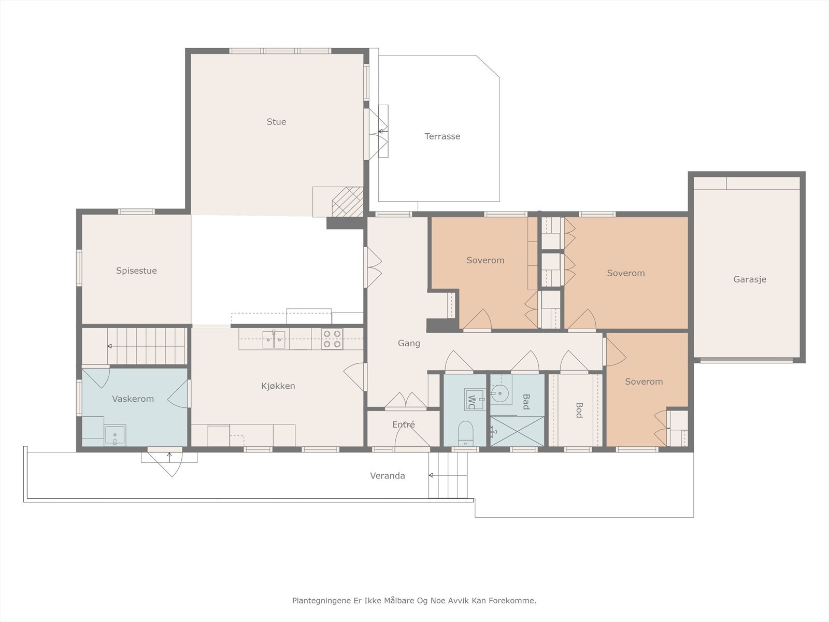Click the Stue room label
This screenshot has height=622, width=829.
(276, 122)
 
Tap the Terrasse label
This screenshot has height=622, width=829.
(442, 136)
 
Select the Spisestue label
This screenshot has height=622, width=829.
(136, 271)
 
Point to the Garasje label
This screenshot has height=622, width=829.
(750, 279)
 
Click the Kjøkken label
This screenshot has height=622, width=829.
(278, 386)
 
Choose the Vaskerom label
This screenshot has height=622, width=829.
(133, 399)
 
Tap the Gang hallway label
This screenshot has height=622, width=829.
(409, 343)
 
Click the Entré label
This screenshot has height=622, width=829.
(403, 425)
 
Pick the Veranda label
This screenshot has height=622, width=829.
(388, 476)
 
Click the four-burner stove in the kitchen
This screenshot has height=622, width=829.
(332, 339)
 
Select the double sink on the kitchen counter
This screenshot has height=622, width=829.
(274, 339)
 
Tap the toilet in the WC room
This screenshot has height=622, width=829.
(466, 433)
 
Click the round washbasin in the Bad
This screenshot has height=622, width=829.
(499, 393)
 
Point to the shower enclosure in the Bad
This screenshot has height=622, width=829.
(518, 431)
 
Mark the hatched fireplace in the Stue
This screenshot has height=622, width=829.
(348, 202)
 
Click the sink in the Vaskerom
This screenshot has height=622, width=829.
(115, 435)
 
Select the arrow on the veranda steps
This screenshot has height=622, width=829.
(448, 475)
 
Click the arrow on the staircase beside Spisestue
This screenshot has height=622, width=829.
(146, 346)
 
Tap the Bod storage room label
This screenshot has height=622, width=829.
(578, 410)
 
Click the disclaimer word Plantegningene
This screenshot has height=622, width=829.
(321, 600)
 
